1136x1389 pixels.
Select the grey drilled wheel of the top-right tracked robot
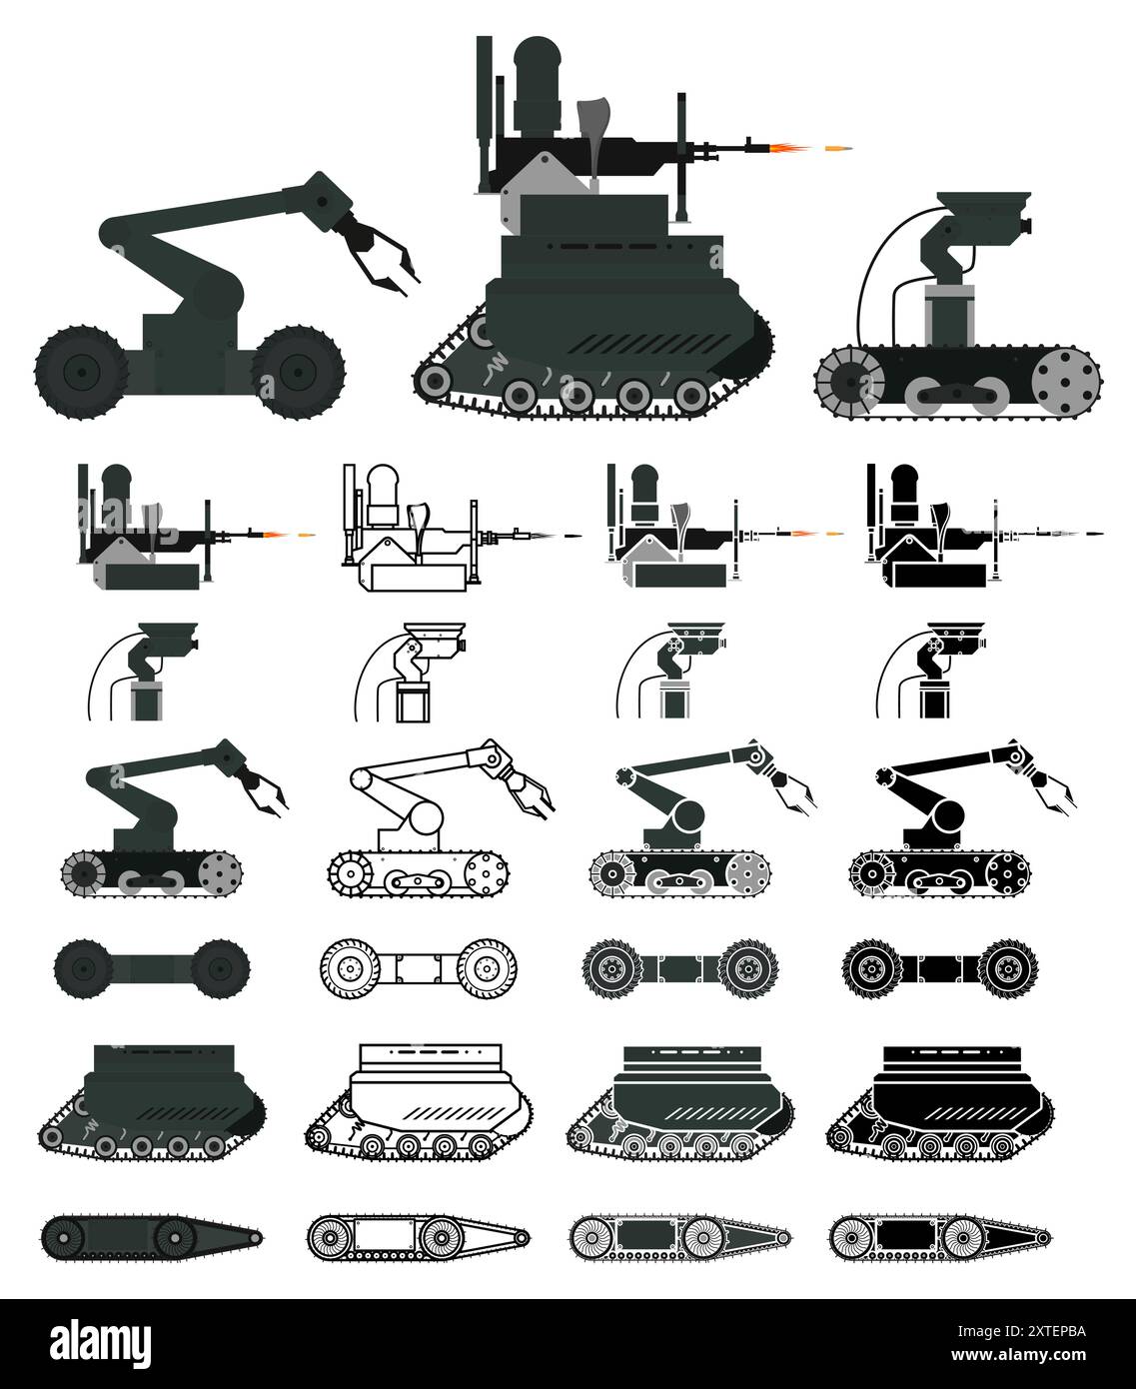click(x=1066, y=382)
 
